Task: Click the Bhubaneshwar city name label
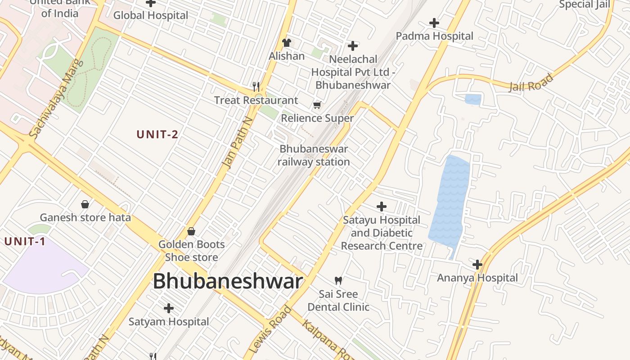[228, 282]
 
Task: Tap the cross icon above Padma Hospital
[434, 22]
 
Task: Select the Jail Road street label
[531, 83]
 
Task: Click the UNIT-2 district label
[157, 134]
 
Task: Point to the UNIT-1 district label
[25, 242]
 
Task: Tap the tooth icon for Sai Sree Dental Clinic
[338, 281]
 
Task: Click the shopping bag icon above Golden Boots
[191, 231]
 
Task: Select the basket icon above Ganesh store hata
[85, 204]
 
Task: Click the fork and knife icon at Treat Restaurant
[256, 86]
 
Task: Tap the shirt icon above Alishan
[287, 43]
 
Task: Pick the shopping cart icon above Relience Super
[317, 105]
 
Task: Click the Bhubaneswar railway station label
[314, 155]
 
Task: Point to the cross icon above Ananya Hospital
[477, 265]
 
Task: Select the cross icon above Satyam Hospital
[169, 308]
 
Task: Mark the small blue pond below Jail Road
[472, 99]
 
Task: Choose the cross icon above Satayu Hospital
[382, 207]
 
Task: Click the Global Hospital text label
[151, 15]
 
